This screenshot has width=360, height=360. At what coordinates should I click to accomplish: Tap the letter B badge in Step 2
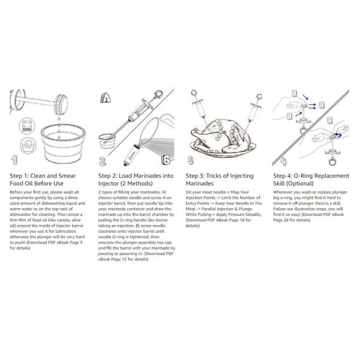(166, 158)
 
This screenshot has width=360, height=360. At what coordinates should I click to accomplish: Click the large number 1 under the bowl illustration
(16, 160)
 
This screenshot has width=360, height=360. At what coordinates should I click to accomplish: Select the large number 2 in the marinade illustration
(104, 160)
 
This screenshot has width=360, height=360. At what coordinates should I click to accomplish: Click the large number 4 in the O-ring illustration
(278, 160)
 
